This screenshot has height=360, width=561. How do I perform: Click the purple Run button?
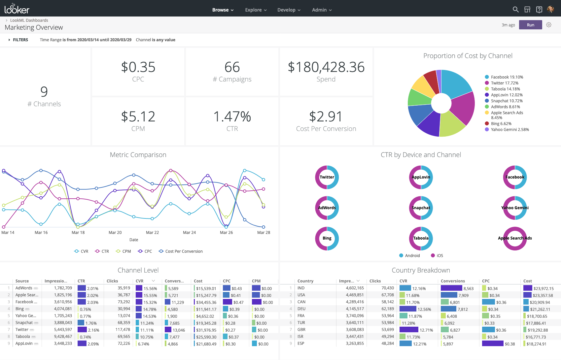(x=530, y=25)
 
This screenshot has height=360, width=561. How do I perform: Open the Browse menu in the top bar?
(x=223, y=10)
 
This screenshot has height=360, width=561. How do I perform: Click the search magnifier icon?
(x=515, y=10)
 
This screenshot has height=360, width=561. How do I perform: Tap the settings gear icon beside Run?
(x=549, y=25)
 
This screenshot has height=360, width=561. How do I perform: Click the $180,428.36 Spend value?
(x=326, y=67)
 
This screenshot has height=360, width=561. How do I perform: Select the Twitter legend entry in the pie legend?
(x=504, y=83)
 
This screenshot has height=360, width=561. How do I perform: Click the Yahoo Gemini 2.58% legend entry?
(x=509, y=130)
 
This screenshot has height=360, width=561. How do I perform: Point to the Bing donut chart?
(x=327, y=238)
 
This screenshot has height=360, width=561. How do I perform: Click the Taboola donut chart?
(x=421, y=238)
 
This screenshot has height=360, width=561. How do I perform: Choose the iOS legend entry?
(x=439, y=256)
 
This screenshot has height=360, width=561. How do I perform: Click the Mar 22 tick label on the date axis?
(x=152, y=233)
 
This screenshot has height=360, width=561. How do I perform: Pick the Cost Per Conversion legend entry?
(x=184, y=251)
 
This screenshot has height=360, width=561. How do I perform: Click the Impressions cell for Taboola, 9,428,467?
(x=63, y=337)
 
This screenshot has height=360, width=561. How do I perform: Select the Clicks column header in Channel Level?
(x=112, y=281)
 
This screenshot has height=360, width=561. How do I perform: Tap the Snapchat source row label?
(x=24, y=323)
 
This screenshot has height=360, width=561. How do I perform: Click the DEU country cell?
(x=301, y=309)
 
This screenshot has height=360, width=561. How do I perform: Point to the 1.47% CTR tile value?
(x=232, y=117)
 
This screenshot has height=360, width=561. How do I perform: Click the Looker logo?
(x=17, y=9)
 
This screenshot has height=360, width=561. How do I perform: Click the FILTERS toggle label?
(x=20, y=40)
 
